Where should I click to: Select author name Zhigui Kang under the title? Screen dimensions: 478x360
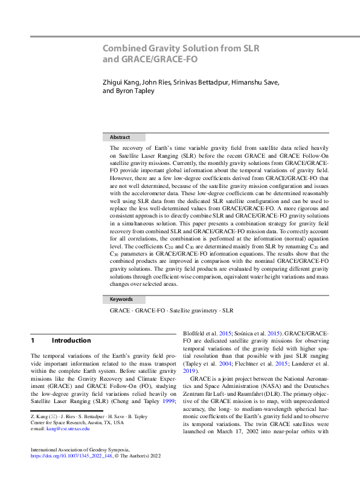point(120,82)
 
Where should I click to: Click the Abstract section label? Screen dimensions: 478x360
point(120,137)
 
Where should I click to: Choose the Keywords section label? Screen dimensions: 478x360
point(121,299)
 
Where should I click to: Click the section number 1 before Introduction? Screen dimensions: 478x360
point(33,340)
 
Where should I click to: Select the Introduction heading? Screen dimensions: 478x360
point(71,340)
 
